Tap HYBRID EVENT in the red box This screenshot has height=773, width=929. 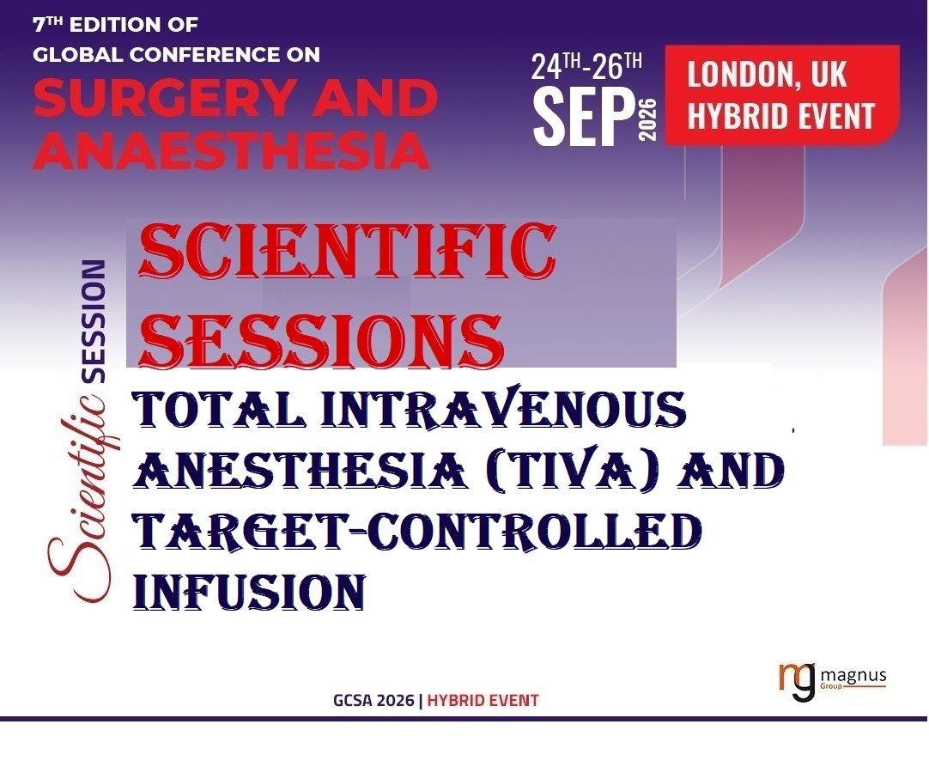[780, 115]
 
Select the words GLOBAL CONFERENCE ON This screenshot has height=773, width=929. [175, 54]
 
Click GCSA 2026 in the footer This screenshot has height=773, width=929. [373, 700]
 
